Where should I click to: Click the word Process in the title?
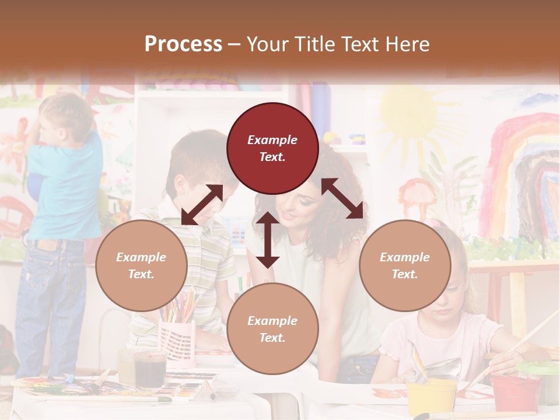tap(183, 44)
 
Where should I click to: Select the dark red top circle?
tap(272, 148)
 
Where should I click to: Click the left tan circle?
tap(141, 265)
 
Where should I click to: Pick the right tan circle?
tap(405, 265)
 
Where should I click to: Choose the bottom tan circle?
tap(272, 329)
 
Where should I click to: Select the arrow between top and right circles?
tap(342, 198)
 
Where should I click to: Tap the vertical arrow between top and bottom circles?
tap(268, 240)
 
